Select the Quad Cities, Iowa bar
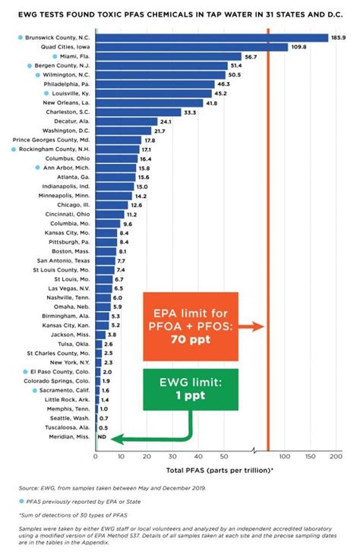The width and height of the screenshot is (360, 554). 191,47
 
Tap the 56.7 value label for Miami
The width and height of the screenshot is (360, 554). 251,57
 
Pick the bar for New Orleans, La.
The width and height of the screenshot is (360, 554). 149,102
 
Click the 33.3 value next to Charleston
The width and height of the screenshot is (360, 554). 189,112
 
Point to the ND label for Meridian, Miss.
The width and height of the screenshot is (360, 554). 100,438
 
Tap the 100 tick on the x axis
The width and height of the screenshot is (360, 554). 285,457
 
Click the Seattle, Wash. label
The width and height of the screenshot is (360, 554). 68,419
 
